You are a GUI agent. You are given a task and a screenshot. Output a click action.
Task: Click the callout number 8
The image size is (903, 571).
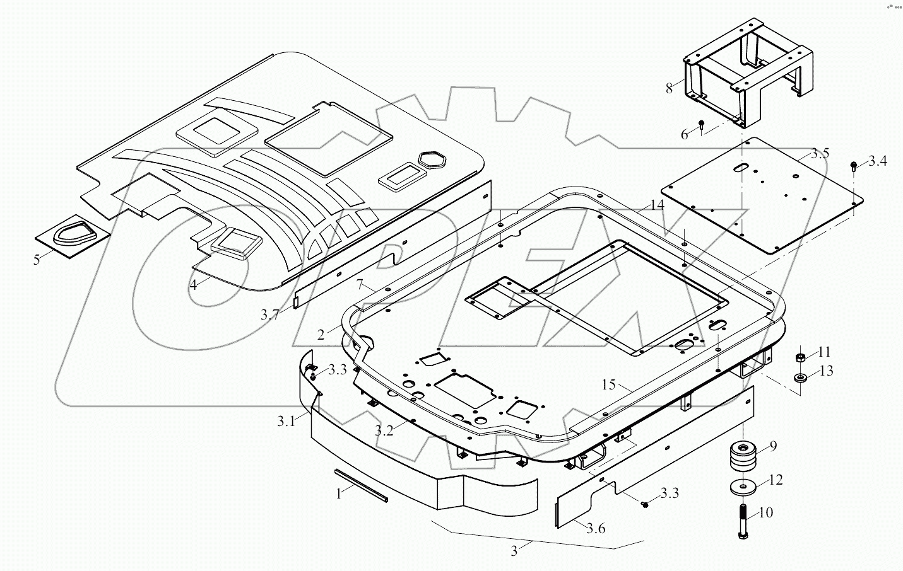coord(670,88)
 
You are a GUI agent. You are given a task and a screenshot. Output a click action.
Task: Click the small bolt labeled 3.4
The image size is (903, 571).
coord(854,166)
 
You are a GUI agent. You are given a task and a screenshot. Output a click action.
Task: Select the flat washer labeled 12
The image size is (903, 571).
coord(744,487)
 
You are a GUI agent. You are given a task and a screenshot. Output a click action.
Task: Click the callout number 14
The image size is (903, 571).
coord(658,205)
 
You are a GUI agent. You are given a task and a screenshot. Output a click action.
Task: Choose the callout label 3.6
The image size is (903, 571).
coord(595,528)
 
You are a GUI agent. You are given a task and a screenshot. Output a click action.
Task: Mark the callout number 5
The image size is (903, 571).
coord(37,259)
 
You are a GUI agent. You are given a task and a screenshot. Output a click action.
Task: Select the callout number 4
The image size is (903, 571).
coord(194,285)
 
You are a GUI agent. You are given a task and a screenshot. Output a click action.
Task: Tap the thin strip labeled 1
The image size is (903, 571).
coord(361,485)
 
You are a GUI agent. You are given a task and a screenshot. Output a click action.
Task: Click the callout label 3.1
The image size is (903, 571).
coord(285,422)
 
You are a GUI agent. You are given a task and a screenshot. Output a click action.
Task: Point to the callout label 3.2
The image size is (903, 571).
coord(384,430)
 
